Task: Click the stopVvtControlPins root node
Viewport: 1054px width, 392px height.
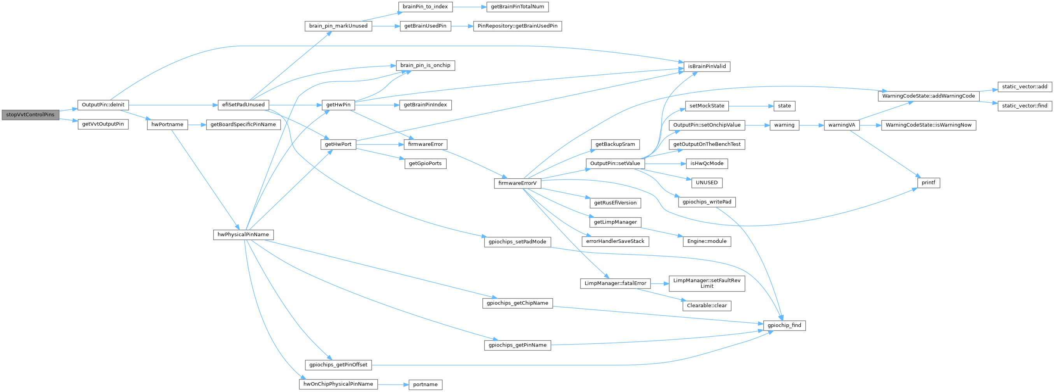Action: tap(30, 114)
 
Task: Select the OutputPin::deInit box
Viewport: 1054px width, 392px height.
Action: tap(103, 105)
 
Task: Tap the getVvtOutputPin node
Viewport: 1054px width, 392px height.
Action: tap(103, 124)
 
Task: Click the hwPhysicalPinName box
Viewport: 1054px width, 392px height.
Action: tap(243, 234)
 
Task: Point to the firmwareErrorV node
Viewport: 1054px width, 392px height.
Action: tap(517, 183)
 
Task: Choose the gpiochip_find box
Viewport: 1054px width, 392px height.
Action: tap(784, 325)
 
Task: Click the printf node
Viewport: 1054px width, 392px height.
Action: tap(928, 183)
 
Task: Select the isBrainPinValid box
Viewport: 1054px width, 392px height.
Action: tap(707, 66)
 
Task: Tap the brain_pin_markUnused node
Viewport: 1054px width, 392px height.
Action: tap(338, 26)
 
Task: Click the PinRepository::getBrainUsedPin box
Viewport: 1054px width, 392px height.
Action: tap(517, 26)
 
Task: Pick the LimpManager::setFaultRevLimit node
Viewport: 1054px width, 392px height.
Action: tap(707, 283)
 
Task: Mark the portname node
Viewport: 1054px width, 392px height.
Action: tap(425, 384)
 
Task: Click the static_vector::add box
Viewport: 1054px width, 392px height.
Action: tap(1024, 86)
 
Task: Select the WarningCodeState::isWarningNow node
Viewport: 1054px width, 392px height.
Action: tap(928, 125)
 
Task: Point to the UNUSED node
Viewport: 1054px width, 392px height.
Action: tap(707, 183)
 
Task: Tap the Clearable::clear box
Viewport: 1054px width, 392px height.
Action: tap(707, 305)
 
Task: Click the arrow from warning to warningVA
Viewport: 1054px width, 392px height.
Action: tap(811, 125)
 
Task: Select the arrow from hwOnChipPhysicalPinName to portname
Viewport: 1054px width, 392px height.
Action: tap(393, 384)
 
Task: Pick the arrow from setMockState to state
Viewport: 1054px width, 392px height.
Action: tap(751, 105)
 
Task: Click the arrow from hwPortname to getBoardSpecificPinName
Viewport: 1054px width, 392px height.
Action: tap(197, 125)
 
